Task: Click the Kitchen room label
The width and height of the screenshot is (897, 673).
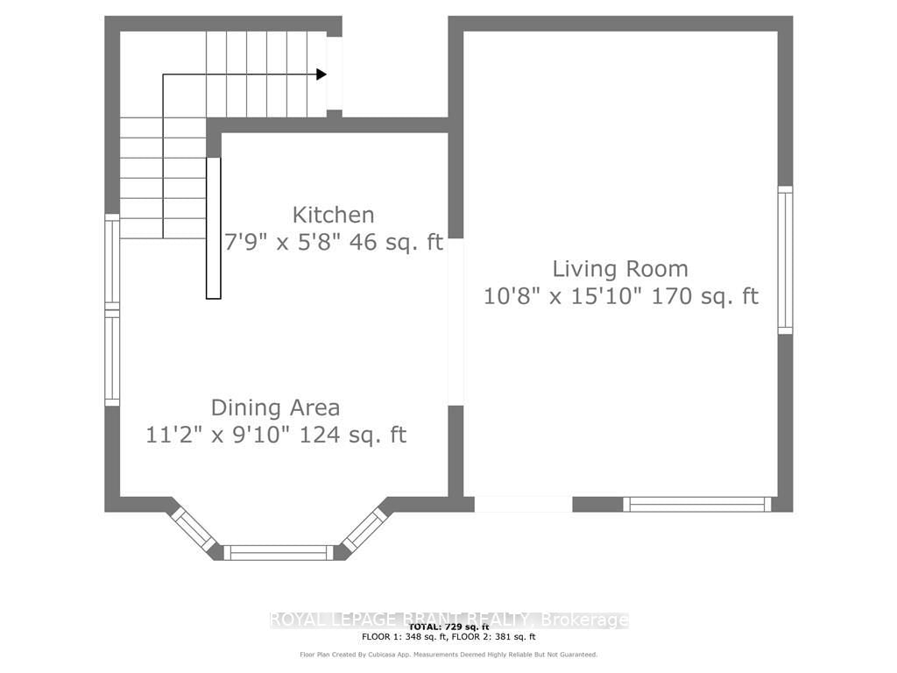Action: pyautogui.click(x=333, y=215)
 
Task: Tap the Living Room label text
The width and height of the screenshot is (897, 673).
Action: pyautogui.click(x=619, y=269)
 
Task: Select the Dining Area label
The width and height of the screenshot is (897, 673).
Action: pyautogui.click(x=275, y=407)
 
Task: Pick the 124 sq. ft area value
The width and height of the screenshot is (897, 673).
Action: pyautogui.click(x=353, y=435)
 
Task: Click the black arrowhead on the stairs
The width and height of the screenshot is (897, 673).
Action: pyautogui.click(x=321, y=74)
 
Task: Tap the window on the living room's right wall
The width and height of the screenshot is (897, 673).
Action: pyautogui.click(x=785, y=259)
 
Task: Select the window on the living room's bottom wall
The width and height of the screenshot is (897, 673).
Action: pyautogui.click(x=697, y=504)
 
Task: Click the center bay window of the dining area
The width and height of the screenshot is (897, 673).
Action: pyautogui.click(x=279, y=552)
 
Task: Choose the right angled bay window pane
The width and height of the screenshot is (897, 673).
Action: pyautogui.click(x=364, y=528)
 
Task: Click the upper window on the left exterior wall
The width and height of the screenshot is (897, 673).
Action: pyautogui.click(x=112, y=259)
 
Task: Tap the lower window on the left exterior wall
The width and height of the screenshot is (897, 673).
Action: pyautogui.click(x=112, y=359)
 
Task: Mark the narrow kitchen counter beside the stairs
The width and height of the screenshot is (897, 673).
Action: pyautogui.click(x=213, y=228)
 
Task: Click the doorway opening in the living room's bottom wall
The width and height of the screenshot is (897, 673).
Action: pyautogui.click(x=523, y=504)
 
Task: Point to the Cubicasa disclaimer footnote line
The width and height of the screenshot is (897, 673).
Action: pyautogui.click(x=448, y=655)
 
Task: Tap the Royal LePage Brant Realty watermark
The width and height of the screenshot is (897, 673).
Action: pyautogui.click(x=448, y=620)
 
